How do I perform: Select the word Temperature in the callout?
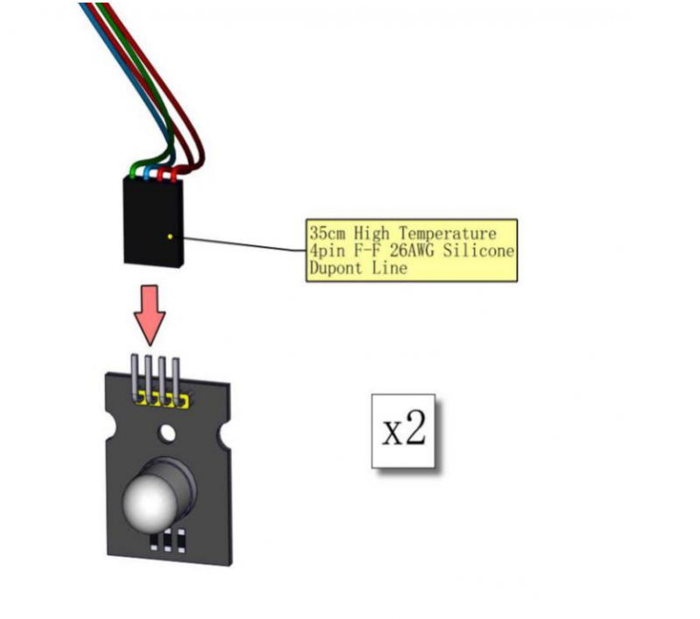pos(447,234)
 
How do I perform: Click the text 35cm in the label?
pos(327,234)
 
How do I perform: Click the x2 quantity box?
pos(403,431)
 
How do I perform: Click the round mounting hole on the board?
pos(165,433)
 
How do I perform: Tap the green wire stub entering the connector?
pos(134,171)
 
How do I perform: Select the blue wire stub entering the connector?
pos(148,172)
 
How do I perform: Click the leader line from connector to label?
pos(236,243)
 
